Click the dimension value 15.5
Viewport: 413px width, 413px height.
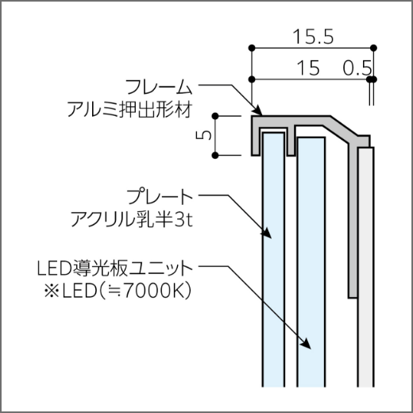pos(314,37)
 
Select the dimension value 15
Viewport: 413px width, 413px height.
pos(308,68)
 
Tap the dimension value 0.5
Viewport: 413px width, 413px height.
pos(357,68)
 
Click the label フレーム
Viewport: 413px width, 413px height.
pos(159,87)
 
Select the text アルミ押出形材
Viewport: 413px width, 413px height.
pos(129,110)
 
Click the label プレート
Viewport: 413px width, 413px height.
pos(160,197)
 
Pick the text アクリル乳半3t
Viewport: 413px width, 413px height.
pos(132,219)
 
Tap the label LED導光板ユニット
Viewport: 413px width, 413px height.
pos(115,268)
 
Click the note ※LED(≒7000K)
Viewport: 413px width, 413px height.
pos(118,291)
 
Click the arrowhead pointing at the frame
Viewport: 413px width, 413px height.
pos(257,110)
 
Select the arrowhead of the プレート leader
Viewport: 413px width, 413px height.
pos(267,233)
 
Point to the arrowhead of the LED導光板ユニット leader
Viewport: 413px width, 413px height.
pos(306,343)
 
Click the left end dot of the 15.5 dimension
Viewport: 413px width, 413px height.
pos(252,48)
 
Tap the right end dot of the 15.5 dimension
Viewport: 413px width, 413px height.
pos(373,48)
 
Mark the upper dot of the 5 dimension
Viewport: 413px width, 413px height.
pos(215,116)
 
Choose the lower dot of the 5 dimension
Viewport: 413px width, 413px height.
pos(215,156)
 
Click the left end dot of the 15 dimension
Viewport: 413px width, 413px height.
pos(252,79)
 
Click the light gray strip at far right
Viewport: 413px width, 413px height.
pos(365,267)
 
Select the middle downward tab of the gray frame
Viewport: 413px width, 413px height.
pos(291,141)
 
